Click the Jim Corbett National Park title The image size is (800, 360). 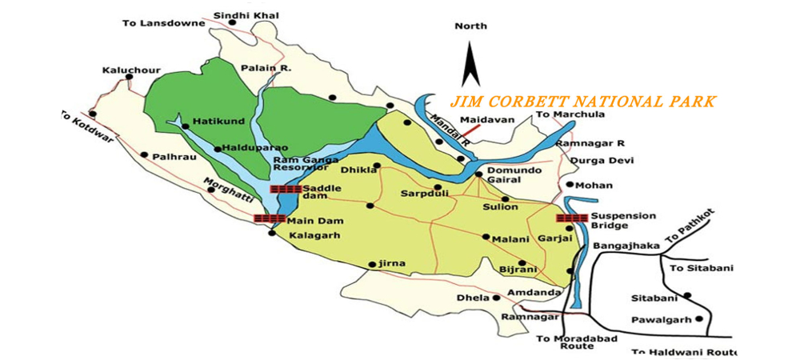point(582,102)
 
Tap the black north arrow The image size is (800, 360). point(470,66)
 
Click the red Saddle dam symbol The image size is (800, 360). point(286,190)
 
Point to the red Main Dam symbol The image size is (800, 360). point(268,218)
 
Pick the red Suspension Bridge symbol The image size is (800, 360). point(571,218)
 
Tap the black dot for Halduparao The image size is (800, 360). point(217,149)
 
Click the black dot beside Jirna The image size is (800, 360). point(372,264)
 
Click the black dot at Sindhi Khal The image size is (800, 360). point(232,22)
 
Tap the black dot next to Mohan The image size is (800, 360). point(569,185)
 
